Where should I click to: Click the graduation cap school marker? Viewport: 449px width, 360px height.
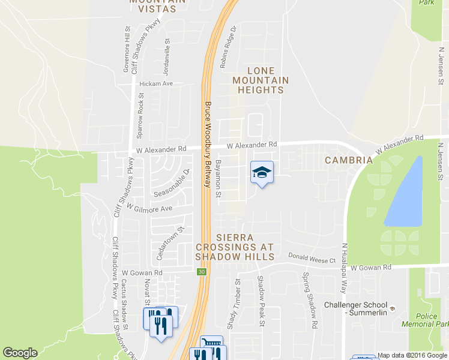(x=261, y=173)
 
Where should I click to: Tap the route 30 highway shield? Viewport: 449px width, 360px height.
(x=200, y=272)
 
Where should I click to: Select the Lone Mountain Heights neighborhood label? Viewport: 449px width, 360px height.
(x=261, y=80)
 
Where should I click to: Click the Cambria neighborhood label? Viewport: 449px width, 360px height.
(x=349, y=160)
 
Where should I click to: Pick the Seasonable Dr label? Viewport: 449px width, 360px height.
(x=172, y=184)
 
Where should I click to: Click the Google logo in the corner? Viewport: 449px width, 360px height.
(x=20, y=353)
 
